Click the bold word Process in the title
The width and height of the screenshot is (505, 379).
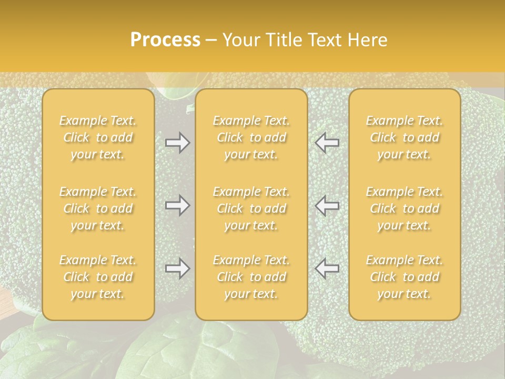click(x=165, y=40)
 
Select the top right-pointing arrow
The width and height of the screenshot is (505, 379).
click(x=177, y=143)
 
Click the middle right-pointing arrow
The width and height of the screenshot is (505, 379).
click(x=177, y=205)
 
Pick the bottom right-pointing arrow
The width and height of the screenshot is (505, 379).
click(x=177, y=268)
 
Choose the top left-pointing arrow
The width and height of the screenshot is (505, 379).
click(x=327, y=143)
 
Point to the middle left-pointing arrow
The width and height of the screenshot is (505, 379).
click(x=327, y=205)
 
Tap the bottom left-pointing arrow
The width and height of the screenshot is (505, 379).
click(x=327, y=268)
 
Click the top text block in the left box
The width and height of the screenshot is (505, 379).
click(x=98, y=137)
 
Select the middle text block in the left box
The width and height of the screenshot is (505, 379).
click(x=98, y=208)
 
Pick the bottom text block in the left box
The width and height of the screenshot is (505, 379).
click(x=98, y=277)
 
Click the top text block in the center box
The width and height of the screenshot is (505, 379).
click(x=251, y=137)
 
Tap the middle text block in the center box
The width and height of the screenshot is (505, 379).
click(x=251, y=208)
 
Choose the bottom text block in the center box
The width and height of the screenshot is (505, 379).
click(x=251, y=277)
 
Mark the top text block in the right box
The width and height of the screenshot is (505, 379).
click(x=405, y=137)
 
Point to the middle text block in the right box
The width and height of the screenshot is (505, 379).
click(x=405, y=208)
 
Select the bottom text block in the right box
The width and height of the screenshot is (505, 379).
click(x=405, y=277)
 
